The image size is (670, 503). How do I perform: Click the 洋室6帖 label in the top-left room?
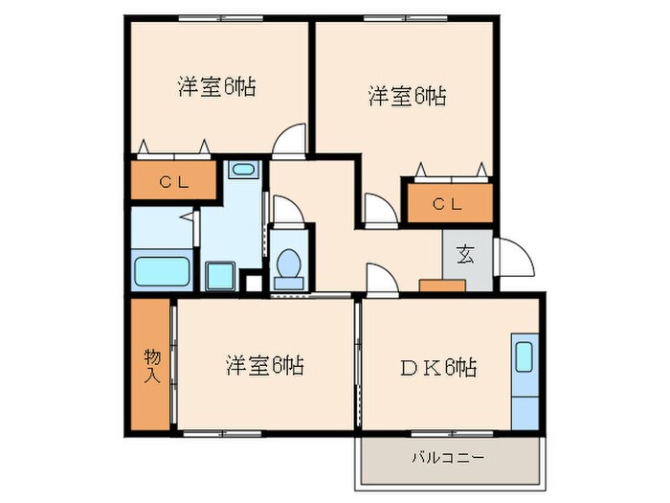(215, 85)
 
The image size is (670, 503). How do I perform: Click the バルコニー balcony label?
(448, 457)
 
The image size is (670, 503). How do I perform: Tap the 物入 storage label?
(152, 364)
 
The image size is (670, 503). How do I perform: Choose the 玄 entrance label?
(466, 255)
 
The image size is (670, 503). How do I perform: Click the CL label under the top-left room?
(173, 181)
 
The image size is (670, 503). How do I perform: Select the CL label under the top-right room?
(448, 203)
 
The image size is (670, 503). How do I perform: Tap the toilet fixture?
(287, 264)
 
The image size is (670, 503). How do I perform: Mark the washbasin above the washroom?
(243, 171)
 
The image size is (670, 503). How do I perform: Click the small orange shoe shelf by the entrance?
(441, 285)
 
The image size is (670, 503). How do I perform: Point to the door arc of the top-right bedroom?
(379, 210)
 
